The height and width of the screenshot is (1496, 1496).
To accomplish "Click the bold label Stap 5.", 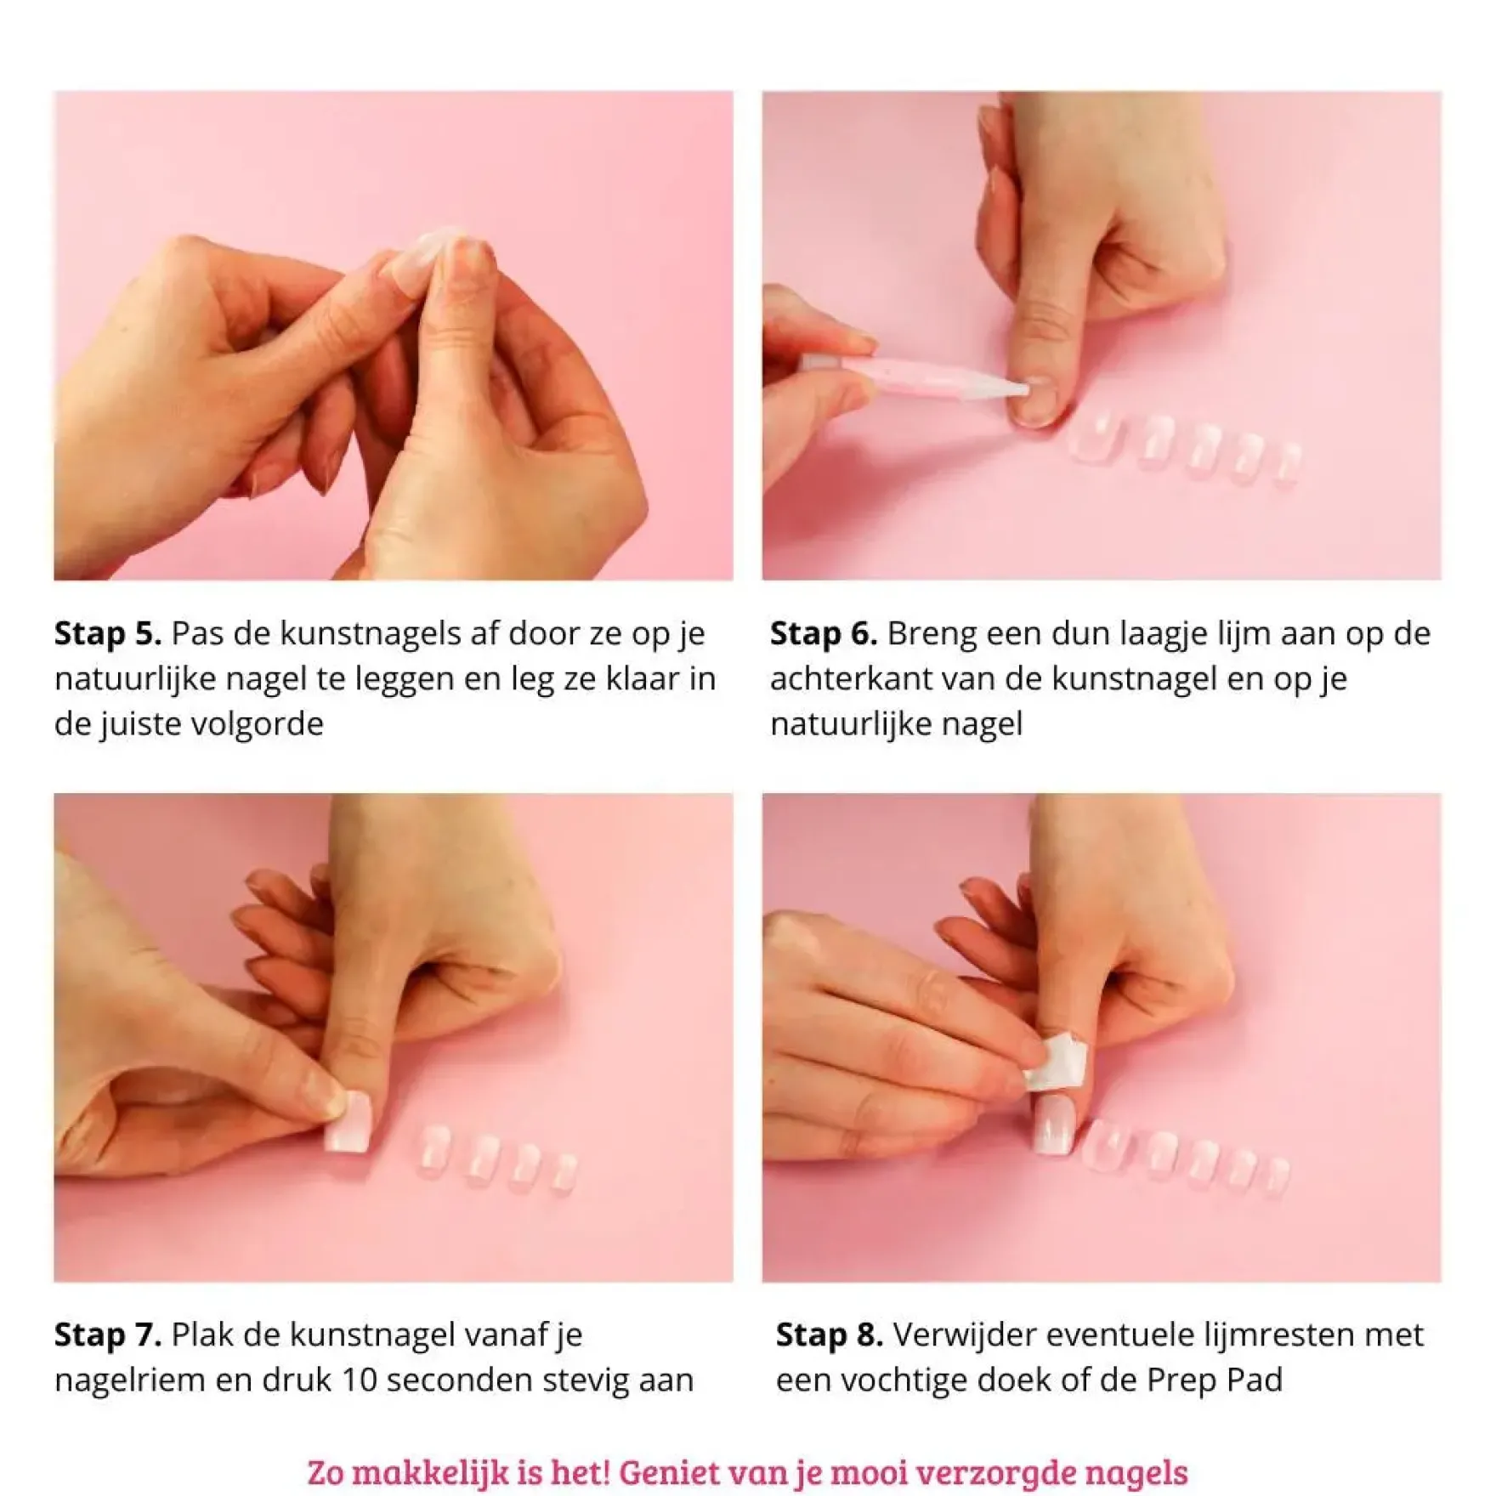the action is [108, 634].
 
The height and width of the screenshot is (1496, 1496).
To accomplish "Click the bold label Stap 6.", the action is [824, 634].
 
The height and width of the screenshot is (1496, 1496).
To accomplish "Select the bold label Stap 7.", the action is [108, 1335].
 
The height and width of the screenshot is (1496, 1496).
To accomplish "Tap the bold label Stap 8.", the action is [830, 1335].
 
